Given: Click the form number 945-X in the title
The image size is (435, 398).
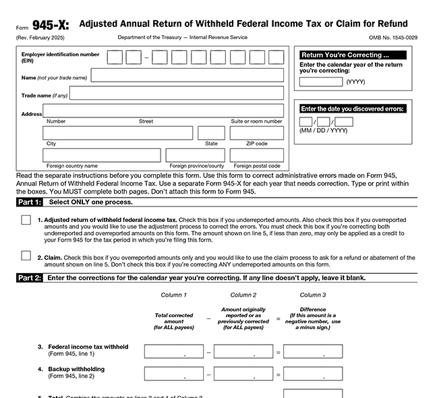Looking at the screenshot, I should click(47, 26).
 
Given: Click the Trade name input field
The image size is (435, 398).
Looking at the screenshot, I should click(177, 93).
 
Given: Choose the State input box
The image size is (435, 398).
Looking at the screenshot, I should click(211, 133).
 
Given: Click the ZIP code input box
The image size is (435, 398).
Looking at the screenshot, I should click(256, 133).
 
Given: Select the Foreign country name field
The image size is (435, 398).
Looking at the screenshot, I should click(101, 155).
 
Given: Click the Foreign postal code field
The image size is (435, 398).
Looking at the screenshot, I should click(256, 155).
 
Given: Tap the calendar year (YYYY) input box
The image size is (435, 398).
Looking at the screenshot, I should click(320, 82).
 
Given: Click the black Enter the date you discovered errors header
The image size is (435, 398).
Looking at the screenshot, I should click(353, 109).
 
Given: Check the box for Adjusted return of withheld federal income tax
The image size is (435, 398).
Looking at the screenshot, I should click(26, 220).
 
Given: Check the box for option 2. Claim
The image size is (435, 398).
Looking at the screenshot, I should click(26, 255).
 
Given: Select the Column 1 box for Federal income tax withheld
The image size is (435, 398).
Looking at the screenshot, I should click(174, 351).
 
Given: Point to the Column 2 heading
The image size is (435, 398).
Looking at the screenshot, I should click(243, 295).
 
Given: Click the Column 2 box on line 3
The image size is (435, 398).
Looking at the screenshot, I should click(243, 351).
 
